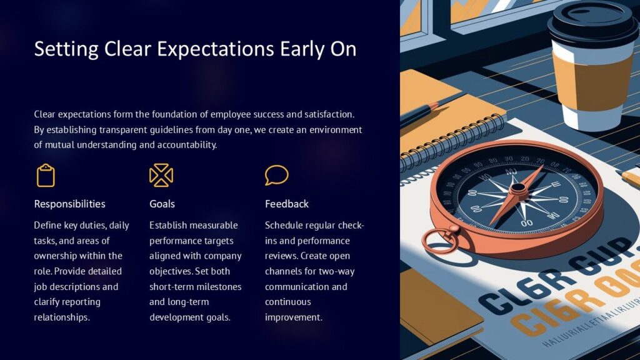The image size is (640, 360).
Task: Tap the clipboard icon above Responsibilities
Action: (x=46, y=176)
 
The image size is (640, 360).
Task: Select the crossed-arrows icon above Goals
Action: (x=161, y=176)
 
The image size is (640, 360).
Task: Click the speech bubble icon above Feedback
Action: (x=276, y=175)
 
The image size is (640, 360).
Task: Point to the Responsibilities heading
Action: (x=69, y=204)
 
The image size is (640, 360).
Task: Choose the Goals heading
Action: (x=162, y=204)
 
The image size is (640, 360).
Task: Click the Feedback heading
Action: (x=286, y=204)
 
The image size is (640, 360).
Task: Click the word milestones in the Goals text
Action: (x=217, y=286)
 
